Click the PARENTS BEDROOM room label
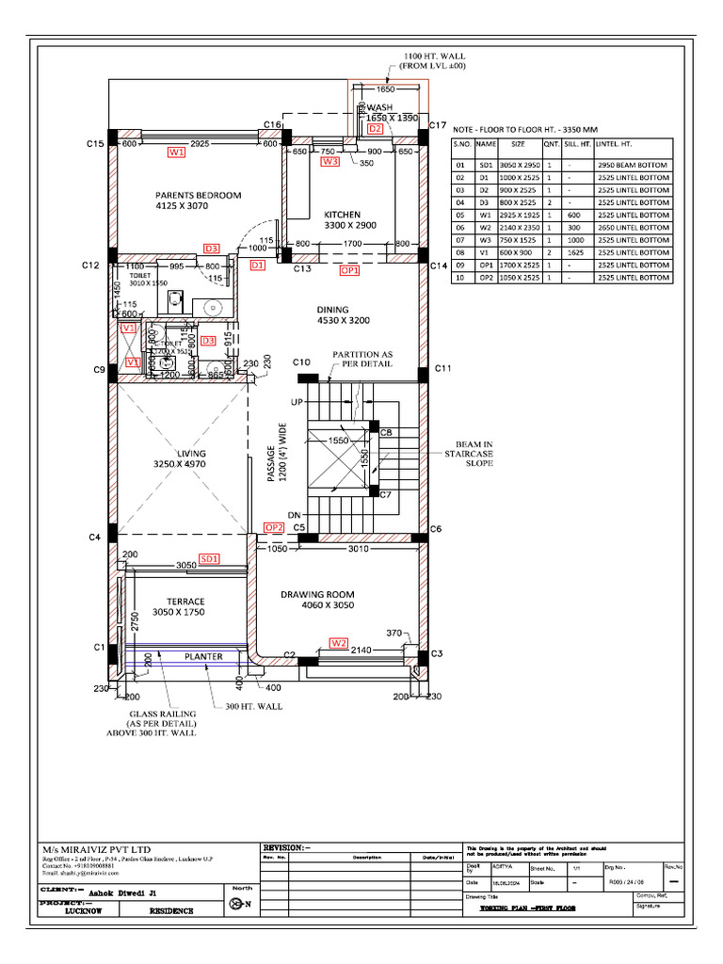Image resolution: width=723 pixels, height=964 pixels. [x=198, y=196]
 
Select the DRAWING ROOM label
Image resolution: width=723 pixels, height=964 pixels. [x=317, y=594]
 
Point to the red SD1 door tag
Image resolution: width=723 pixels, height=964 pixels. [x=207, y=558]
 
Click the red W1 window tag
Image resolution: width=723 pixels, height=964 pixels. [x=176, y=152]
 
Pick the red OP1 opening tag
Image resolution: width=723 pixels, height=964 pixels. [x=350, y=269]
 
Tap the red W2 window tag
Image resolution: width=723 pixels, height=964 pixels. [x=339, y=642]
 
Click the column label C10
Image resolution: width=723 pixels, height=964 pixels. [x=301, y=362]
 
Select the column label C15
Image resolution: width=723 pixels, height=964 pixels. [x=94, y=144]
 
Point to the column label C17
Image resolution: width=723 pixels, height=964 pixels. [x=437, y=125]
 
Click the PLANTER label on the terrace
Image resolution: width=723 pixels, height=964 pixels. [x=202, y=656]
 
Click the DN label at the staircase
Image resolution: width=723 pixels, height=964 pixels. [x=294, y=515]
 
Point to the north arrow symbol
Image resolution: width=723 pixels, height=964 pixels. [x=237, y=904]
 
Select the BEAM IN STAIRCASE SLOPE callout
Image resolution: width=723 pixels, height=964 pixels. [x=469, y=454]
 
